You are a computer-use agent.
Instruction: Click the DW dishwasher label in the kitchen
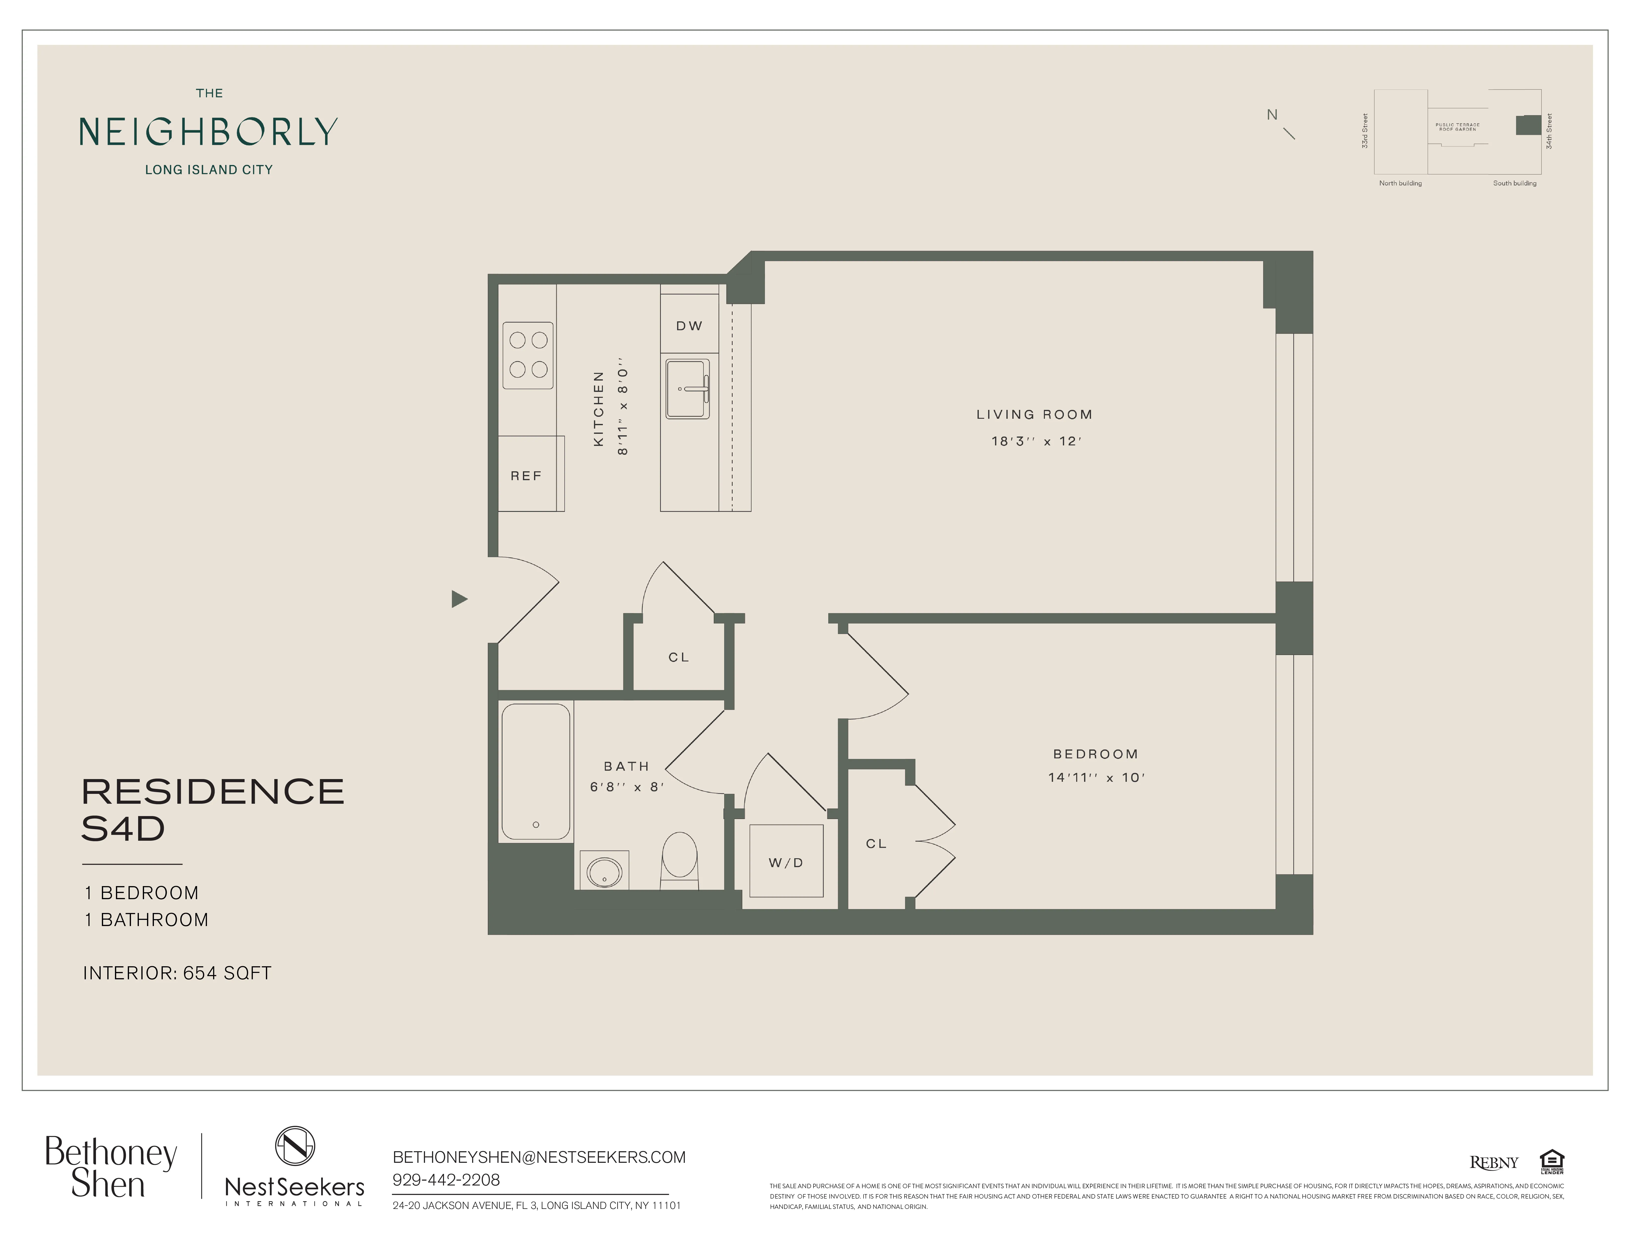689,326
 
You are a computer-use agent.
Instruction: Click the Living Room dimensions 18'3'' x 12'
1036,441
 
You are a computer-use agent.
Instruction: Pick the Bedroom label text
1095,754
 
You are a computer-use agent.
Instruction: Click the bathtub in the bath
535,771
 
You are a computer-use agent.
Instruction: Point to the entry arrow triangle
459,599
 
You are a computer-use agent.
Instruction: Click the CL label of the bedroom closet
876,844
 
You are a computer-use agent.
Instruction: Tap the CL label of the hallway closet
678,657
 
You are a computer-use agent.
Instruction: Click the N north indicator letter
1272,115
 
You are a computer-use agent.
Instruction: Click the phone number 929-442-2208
446,1180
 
